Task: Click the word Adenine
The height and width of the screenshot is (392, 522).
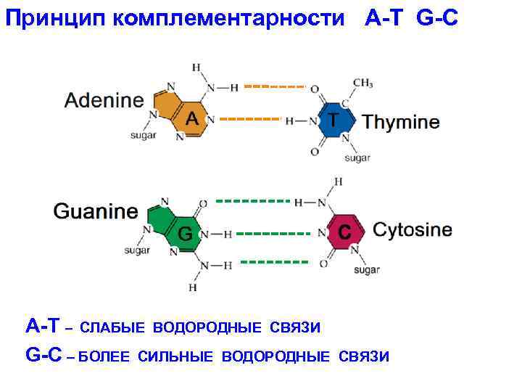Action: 104,100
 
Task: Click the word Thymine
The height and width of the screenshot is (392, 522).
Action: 401,122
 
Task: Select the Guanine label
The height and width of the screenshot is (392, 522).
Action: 95,212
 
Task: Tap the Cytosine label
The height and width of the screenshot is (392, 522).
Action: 412,230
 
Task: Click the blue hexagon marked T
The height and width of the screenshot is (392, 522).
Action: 333,121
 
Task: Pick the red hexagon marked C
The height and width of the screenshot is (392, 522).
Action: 345,232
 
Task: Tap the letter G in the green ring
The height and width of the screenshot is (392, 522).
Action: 186,234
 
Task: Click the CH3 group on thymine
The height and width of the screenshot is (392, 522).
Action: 362,82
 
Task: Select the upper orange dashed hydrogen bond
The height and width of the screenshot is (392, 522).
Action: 273,86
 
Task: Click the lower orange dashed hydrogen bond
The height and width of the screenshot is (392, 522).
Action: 249,118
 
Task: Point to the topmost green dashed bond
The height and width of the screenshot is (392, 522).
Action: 252,199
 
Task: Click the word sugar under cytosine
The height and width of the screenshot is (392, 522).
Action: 366,270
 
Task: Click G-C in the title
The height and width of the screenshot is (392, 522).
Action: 437,18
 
